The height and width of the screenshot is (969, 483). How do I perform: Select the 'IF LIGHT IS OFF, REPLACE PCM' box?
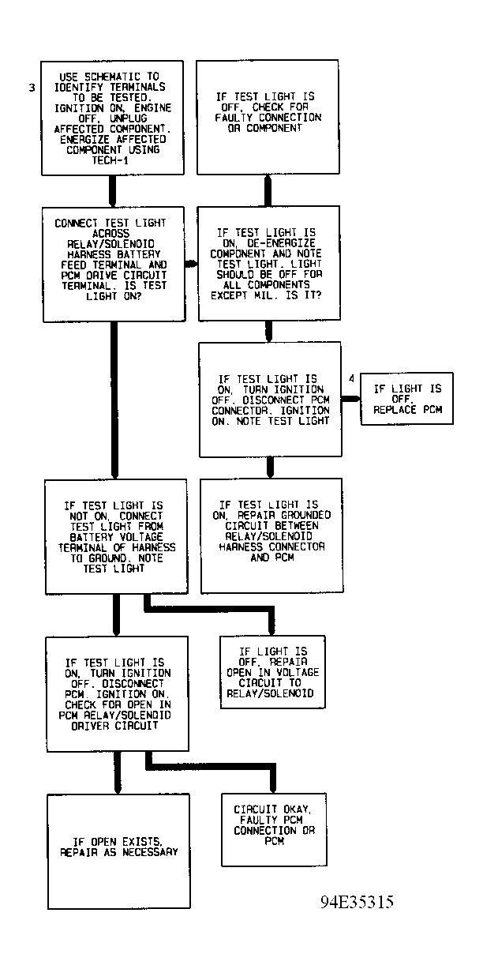(x=407, y=400)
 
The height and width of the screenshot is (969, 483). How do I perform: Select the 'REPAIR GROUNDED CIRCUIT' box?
(x=271, y=535)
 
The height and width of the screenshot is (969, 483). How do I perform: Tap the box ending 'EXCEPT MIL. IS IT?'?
(x=268, y=263)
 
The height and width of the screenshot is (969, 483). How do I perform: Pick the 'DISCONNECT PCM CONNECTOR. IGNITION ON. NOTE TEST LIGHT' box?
(x=270, y=400)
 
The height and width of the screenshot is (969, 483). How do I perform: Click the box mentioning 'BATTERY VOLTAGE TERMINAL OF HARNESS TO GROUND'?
(x=117, y=536)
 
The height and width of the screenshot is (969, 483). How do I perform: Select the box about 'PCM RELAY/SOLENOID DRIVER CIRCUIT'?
(x=117, y=693)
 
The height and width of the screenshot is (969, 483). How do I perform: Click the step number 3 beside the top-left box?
(x=32, y=88)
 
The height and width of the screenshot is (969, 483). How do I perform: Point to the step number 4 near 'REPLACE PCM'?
(x=352, y=378)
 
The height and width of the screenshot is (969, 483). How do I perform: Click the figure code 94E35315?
(x=358, y=902)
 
